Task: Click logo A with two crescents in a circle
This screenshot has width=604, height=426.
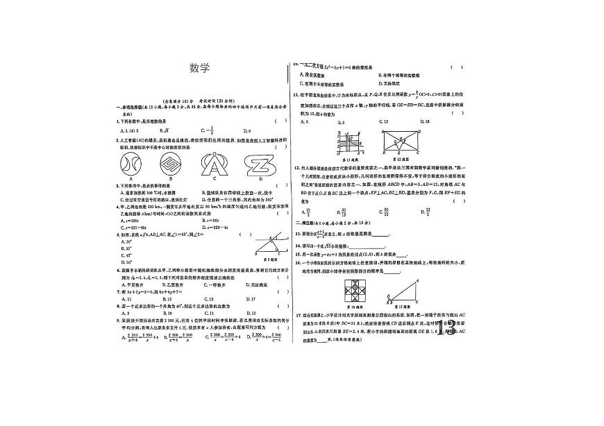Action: pos(131,164)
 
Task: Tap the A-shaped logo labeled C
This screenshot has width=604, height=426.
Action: pos(209,164)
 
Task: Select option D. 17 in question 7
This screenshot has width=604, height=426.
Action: pos(252,299)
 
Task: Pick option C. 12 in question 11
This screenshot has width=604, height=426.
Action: pos(384,121)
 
